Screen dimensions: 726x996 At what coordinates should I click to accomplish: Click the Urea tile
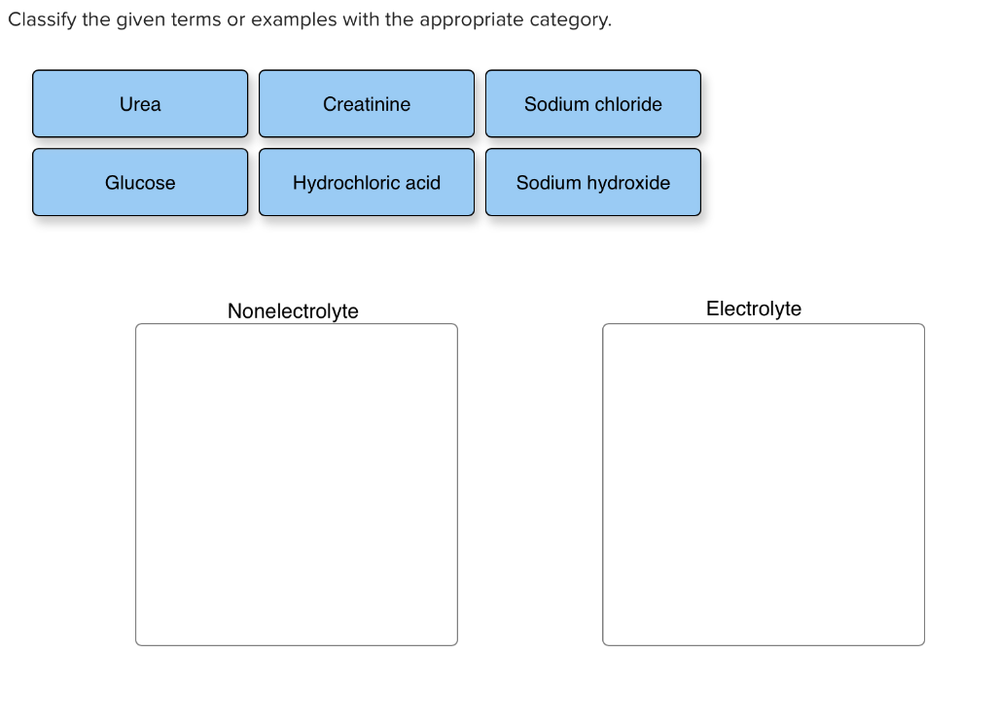(x=140, y=104)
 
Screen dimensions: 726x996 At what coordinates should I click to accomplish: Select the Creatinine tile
(x=367, y=104)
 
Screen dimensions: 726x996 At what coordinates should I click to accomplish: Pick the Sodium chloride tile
(x=592, y=104)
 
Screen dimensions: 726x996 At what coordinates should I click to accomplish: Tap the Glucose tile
(x=140, y=183)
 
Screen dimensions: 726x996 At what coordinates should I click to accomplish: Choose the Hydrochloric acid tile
(x=367, y=183)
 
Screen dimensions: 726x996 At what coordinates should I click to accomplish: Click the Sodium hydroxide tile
(x=592, y=183)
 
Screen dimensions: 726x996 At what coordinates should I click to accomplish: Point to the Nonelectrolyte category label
(x=293, y=311)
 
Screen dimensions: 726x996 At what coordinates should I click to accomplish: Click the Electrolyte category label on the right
(x=754, y=309)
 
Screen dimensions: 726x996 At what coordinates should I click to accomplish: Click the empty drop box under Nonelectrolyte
(x=297, y=484)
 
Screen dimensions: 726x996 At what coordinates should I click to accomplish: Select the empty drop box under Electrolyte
(x=764, y=484)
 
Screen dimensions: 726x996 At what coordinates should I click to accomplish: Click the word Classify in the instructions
(x=42, y=20)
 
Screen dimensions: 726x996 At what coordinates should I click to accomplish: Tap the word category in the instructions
(x=570, y=20)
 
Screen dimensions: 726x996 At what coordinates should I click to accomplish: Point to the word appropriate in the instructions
(x=472, y=20)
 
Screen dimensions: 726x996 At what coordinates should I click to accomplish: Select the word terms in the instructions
(x=196, y=20)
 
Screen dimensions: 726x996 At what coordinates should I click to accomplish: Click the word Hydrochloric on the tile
(x=347, y=183)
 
